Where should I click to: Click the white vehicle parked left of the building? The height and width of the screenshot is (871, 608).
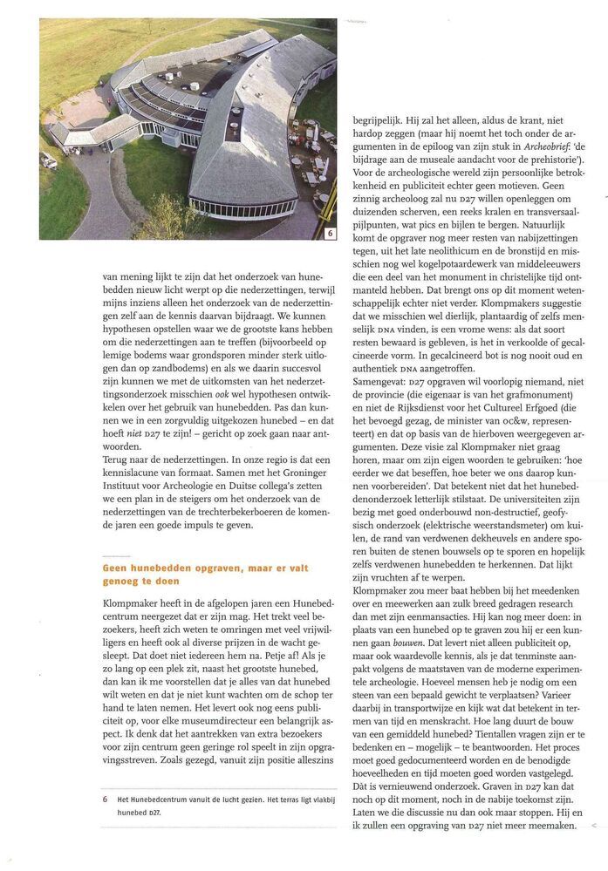[48, 160]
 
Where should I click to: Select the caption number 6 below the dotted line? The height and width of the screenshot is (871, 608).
[105, 798]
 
